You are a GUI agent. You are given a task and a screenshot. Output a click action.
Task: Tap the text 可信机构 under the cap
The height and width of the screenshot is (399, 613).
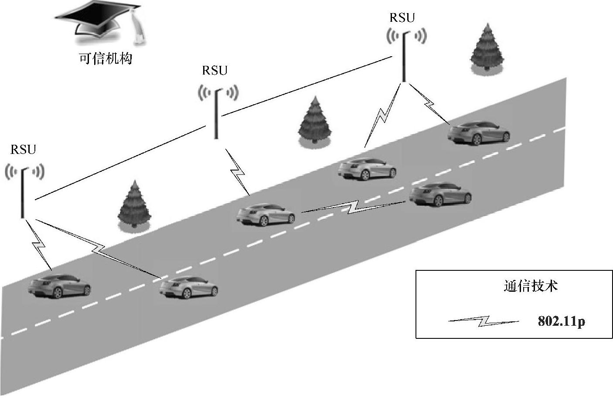tap(105, 58)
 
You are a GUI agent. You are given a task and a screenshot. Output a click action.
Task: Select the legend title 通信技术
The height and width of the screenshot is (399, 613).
tap(530, 286)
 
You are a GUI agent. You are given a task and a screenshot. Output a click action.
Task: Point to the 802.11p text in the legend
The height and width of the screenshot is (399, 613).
tap(561, 322)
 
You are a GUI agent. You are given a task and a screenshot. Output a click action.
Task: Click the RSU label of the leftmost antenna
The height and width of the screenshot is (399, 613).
tap(23, 150)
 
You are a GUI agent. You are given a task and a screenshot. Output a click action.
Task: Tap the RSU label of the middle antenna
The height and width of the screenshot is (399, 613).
tap(215, 71)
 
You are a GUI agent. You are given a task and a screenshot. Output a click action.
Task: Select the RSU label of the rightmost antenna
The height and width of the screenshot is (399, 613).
tap(402, 18)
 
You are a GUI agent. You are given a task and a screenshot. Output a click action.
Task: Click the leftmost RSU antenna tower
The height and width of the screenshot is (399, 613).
tap(23, 192)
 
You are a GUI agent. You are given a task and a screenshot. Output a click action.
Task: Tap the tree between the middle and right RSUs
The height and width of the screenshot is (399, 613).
tap(315, 121)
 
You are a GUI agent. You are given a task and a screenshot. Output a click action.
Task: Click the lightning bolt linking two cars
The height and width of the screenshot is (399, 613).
tap(353, 207)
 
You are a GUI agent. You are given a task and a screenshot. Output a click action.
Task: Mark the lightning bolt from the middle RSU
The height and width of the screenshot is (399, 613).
tap(238, 171)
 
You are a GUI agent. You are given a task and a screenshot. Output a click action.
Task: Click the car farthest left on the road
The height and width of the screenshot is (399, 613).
tap(59, 286)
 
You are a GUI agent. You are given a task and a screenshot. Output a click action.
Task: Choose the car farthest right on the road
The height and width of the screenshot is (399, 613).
tap(478, 133)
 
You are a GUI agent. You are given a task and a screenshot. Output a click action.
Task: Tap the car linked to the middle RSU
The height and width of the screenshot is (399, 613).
tap(265, 215)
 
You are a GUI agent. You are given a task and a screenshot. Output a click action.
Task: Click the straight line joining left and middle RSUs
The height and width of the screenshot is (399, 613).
tap(122, 162)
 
